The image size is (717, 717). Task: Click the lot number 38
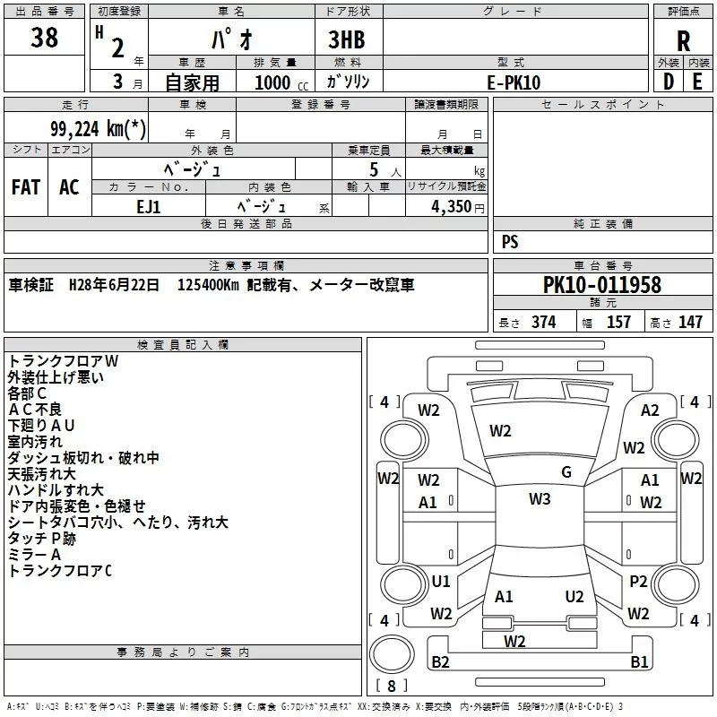[x=44, y=39]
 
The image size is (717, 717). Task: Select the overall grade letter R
[x=683, y=41]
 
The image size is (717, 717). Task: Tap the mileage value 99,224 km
[x=98, y=128]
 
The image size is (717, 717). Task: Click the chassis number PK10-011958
[x=602, y=285]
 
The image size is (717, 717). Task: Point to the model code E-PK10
[x=514, y=81]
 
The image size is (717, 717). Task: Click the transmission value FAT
[x=25, y=186]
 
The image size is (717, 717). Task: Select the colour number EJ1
[x=149, y=206]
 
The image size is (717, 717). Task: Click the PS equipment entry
[x=510, y=242]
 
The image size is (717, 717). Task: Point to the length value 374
[x=543, y=323]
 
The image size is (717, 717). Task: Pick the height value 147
[x=690, y=323]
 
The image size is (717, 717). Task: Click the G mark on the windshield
[x=566, y=472]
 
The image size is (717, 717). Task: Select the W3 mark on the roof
[x=540, y=499]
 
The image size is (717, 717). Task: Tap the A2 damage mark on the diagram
[x=650, y=410]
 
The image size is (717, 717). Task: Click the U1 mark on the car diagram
[x=441, y=582]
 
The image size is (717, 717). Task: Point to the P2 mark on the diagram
[x=638, y=582]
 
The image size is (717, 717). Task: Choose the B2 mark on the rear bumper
[x=441, y=662]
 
